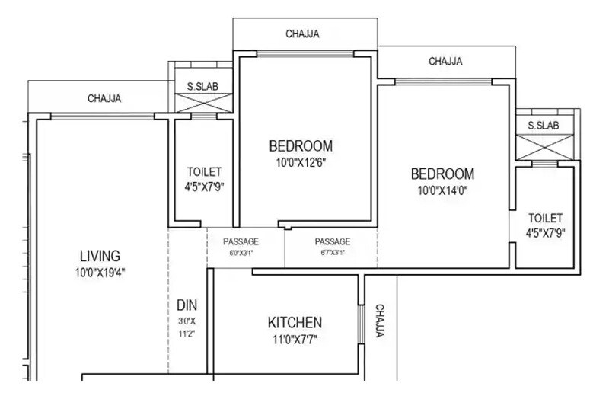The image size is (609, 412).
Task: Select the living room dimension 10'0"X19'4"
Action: coord(100,271)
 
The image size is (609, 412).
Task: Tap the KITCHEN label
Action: coord(294,322)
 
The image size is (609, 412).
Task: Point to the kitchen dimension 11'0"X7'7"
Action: coord(294,338)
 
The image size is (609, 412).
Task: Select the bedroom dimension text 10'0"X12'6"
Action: coord(301,162)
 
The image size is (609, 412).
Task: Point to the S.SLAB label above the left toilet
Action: coord(202,87)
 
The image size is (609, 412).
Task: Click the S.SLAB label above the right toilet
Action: coord(543,126)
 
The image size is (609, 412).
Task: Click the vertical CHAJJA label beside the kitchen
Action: coord(380,321)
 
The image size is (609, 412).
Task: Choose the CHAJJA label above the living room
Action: coord(104,98)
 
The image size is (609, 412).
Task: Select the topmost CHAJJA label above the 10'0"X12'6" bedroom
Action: coord(302,34)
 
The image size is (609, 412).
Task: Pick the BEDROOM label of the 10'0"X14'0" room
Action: coord(442,174)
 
